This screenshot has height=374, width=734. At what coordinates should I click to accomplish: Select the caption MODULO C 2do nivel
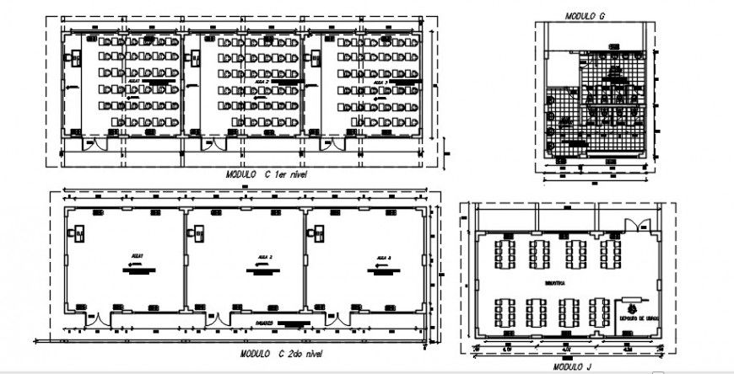point(280,354)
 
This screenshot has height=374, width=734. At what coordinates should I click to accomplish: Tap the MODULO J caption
point(571,367)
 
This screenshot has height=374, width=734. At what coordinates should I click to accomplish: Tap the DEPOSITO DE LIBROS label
point(637,318)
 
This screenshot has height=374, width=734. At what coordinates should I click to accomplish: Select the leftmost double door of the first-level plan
point(92,145)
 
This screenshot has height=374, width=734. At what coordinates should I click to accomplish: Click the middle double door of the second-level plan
point(218,319)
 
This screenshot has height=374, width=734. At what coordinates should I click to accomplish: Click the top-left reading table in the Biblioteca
point(506,251)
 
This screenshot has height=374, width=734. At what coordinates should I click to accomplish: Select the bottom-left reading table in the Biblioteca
point(508,311)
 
